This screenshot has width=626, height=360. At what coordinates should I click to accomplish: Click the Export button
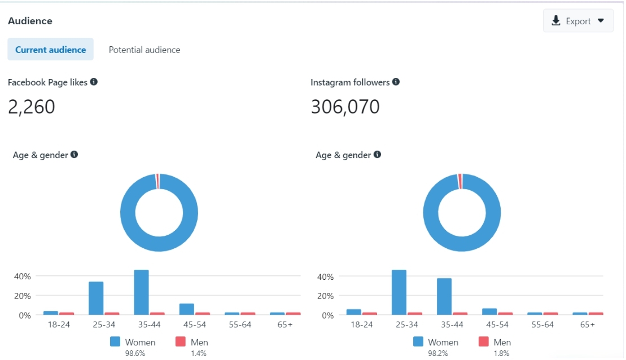[x=578, y=21]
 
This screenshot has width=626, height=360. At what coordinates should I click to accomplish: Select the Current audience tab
[x=50, y=50]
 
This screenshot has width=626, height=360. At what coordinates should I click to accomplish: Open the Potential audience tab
[x=145, y=50]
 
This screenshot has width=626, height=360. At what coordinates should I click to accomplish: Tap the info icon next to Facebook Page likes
[x=94, y=82]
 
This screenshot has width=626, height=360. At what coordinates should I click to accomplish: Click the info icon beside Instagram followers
[x=396, y=82]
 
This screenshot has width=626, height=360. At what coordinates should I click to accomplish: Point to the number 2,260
[x=32, y=107]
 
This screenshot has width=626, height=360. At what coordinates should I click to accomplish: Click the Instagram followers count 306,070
[x=345, y=107]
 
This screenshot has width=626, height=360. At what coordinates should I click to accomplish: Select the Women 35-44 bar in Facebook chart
[x=141, y=292]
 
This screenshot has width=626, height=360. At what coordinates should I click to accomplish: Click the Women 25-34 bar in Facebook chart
[x=96, y=297]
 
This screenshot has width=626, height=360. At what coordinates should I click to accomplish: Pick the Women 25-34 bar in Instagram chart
[x=399, y=292]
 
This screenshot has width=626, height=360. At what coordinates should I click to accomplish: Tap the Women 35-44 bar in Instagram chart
[x=444, y=296]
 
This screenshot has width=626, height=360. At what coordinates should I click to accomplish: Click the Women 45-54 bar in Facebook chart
[x=186, y=309]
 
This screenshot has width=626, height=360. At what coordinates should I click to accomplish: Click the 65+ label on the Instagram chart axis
[x=588, y=324]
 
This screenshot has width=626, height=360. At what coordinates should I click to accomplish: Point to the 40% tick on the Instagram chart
[x=325, y=276]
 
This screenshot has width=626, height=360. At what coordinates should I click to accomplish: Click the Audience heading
[x=30, y=21]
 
